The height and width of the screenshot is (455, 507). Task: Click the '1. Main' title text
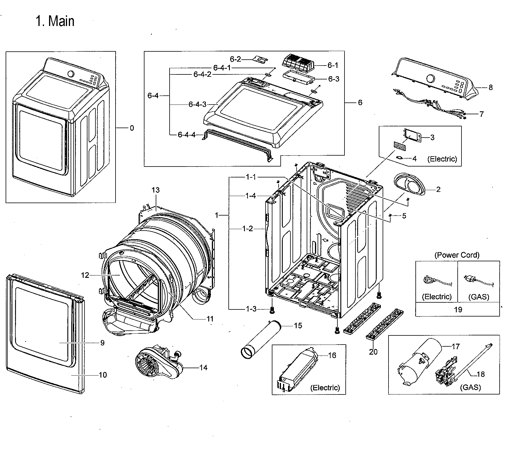tap(55, 21)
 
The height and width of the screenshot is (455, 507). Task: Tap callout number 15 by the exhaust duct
tap(298, 325)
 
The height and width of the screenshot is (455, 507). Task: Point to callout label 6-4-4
tap(186, 135)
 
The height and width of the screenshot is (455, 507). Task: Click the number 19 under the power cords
tap(458, 309)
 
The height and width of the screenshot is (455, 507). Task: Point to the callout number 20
tap(373, 352)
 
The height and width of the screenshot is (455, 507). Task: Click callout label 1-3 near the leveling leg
tap(251, 309)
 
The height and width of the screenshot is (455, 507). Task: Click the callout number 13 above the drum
tap(155, 190)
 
